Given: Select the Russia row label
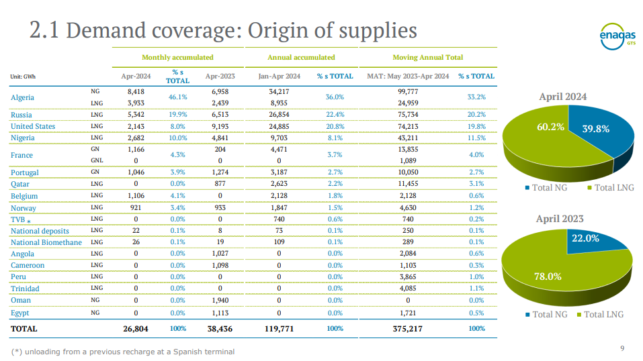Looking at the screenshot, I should coord(22,115).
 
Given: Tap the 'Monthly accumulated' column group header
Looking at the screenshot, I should coord(177,58).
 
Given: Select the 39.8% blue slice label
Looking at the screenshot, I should coord(595,128).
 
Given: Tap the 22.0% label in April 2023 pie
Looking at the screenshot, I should coord(585,238).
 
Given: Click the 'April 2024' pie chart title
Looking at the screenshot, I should coord(562,97).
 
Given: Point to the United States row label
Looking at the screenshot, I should coord(33,126).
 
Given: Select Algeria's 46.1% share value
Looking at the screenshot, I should coord(177,97).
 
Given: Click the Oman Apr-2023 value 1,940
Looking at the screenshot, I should coord(220,300).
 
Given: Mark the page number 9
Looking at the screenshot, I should coord(622,348).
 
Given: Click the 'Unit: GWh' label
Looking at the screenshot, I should coord(23,76).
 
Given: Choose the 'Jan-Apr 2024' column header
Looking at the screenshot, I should coord(279,76).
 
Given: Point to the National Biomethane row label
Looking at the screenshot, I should coord(46,242).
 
